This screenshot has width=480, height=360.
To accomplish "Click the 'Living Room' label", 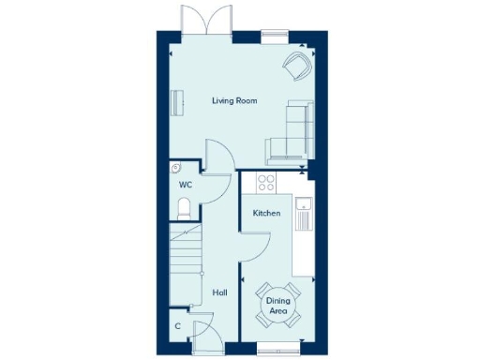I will [x=234, y=100].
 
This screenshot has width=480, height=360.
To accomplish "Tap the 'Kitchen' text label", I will [x=266, y=214].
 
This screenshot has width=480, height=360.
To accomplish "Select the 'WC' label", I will [x=186, y=185].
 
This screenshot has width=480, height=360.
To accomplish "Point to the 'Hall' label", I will [x=220, y=293].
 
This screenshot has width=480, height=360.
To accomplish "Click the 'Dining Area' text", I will [x=277, y=305].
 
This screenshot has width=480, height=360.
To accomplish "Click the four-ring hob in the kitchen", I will [x=266, y=182].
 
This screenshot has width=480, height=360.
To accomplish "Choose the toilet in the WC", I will [x=186, y=207].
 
